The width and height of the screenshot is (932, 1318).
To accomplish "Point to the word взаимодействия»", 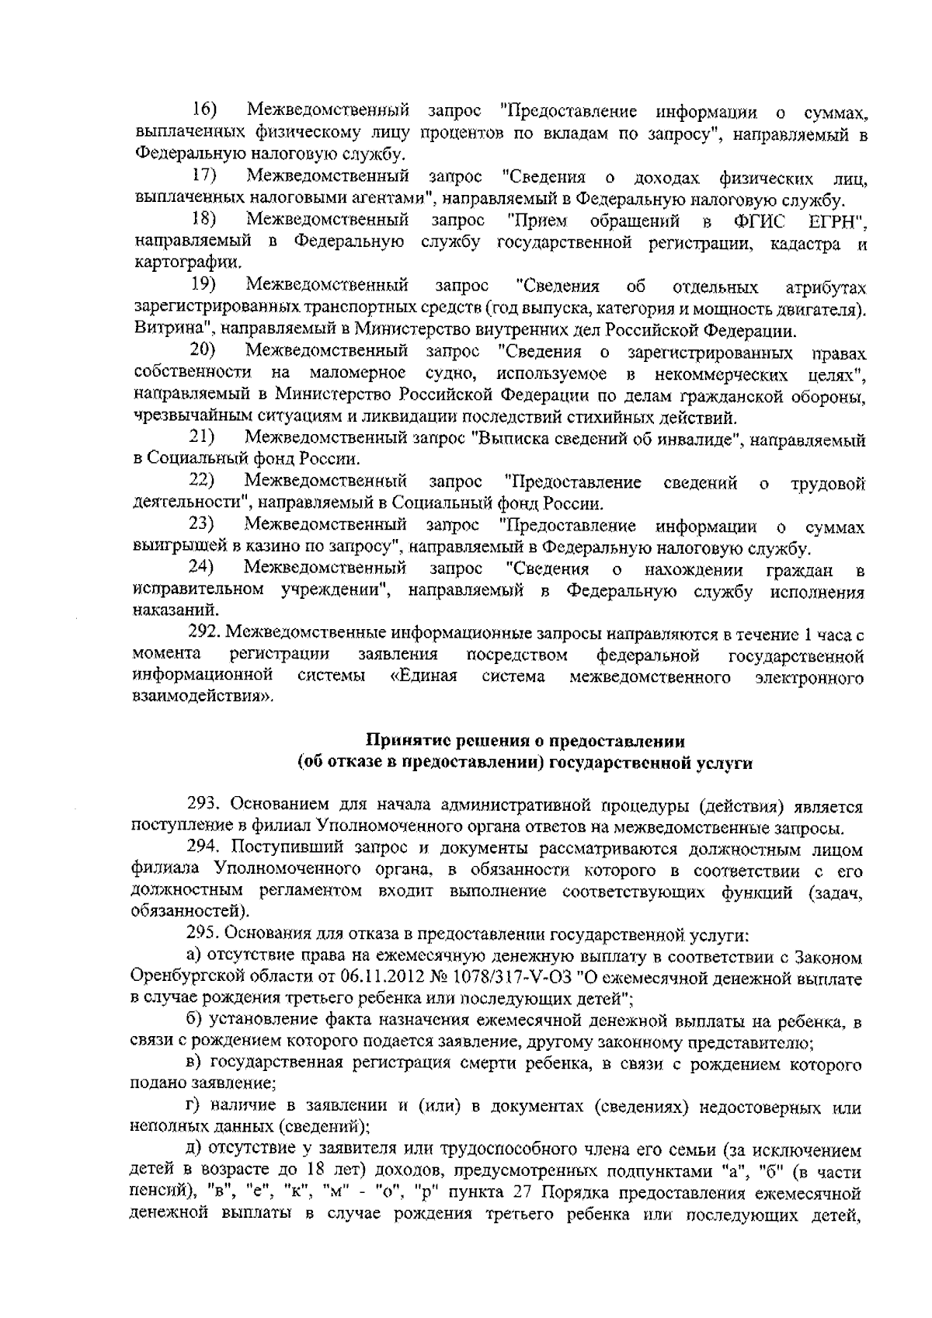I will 203,698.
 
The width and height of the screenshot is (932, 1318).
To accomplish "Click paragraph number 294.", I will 203,848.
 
